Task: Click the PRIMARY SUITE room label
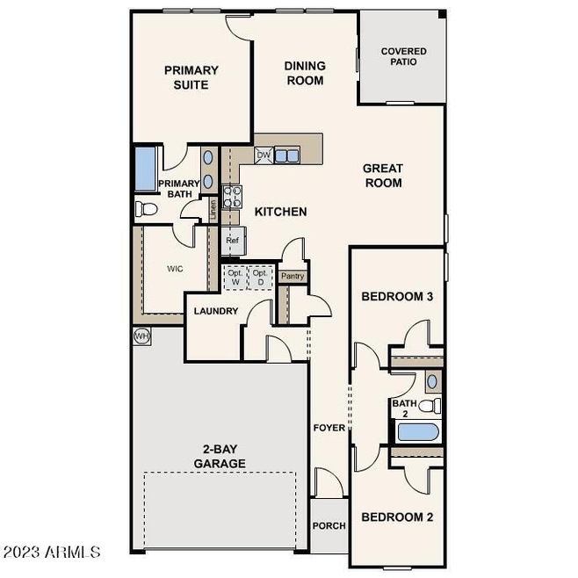(191, 77)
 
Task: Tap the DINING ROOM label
(304, 73)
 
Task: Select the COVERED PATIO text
(403, 57)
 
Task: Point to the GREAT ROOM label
(383, 176)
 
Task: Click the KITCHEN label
(280, 212)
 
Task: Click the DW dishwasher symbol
(264, 155)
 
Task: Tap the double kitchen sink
(286, 156)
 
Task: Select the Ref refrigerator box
(233, 240)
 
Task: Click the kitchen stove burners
(232, 197)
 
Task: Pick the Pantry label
(293, 276)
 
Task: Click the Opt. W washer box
(235, 277)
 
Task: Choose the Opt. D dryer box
(260, 277)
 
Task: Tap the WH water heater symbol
(141, 336)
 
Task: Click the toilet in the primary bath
(145, 209)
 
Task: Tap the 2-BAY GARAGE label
(219, 457)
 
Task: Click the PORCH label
(329, 526)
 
